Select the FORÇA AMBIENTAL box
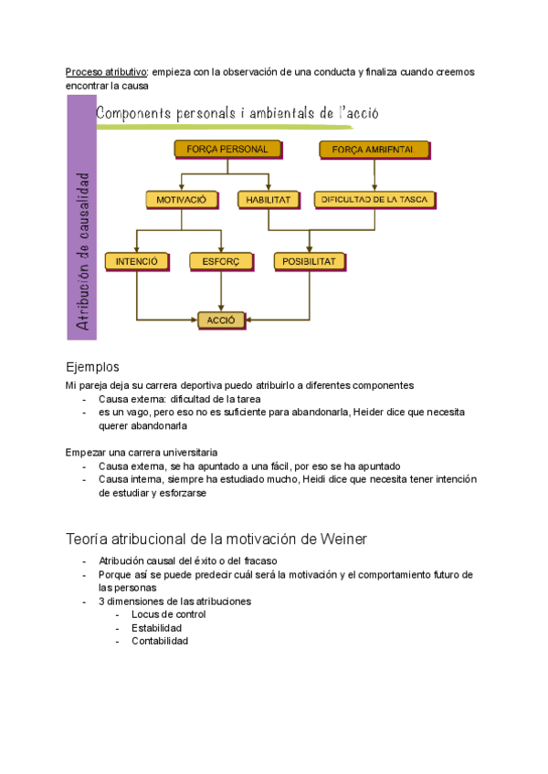374,149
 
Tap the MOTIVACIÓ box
182,199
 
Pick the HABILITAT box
268,199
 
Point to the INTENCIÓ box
137,261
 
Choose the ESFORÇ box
221,261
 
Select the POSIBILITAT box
310,261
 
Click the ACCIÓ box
221,320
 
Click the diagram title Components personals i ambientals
237,114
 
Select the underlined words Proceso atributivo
106,72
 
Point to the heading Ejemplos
92,367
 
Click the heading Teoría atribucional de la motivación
216,539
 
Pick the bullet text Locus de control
168,614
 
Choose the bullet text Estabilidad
156,628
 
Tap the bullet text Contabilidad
160,642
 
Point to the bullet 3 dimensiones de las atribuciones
174,601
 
